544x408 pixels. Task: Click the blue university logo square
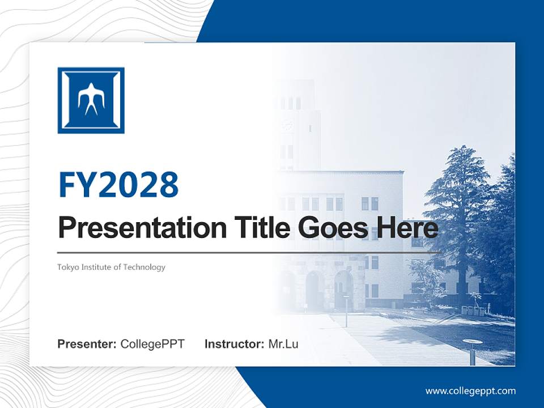[91, 100]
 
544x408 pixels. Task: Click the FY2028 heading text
[118, 184]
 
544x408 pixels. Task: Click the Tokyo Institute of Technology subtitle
[111, 267]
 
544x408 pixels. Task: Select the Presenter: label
[87, 344]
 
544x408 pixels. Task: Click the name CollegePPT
[152, 344]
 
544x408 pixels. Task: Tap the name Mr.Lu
[283, 344]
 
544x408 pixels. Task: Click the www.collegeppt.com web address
[470, 390]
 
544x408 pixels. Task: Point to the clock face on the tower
[287, 124]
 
